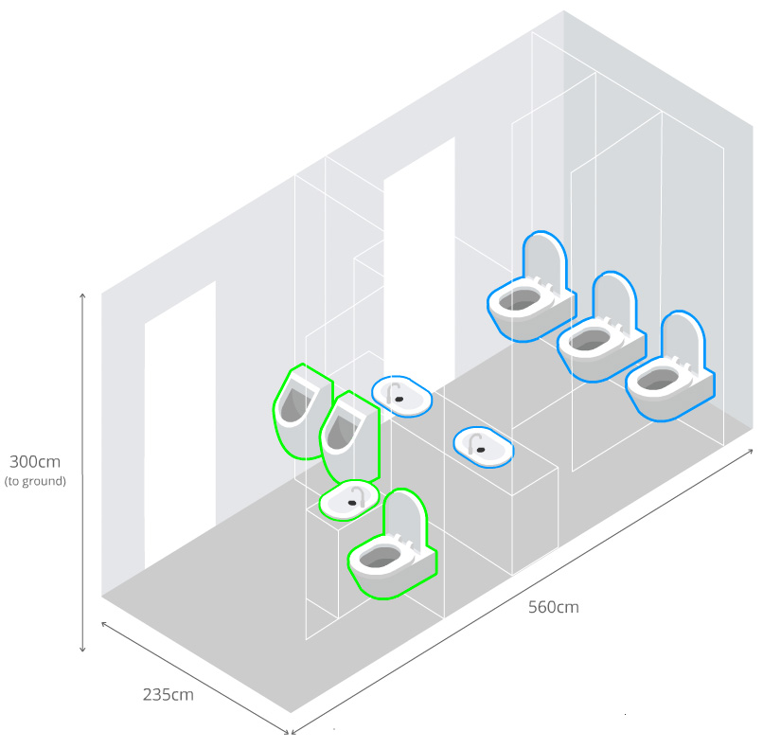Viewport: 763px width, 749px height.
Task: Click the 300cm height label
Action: pyautogui.click(x=35, y=461)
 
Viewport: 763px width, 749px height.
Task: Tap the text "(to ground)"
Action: pyautogui.click(x=35, y=481)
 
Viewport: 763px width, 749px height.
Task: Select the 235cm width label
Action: pyautogui.click(x=168, y=694)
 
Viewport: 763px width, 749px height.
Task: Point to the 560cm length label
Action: pyautogui.click(x=554, y=607)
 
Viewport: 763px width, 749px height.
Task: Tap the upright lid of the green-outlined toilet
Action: pyautogui.click(x=404, y=516)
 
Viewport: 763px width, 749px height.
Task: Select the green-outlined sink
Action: pyautogui.click(x=349, y=499)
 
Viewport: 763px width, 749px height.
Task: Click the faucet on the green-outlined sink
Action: pyautogui.click(x=359, y=494)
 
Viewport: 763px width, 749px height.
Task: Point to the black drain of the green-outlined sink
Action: pyautogui.click(x=352, y=503)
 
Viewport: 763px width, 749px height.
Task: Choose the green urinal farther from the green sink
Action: pyautogui.click(x=302, y=411)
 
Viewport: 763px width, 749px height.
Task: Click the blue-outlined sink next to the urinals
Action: pyautogui.click(x=401, y=396)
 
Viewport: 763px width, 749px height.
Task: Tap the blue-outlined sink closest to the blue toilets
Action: pyautogui.click(x=483, y=447)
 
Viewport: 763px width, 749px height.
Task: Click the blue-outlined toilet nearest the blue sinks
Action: pyautogui.click(x=531, y=289)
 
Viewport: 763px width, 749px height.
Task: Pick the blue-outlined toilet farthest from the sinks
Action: pyautogui.click(x=670, y=368)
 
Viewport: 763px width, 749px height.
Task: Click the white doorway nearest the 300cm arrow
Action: pyautogui.click(x=180, y=423)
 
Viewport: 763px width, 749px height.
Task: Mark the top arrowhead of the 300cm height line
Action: pyautogui.click(x=82, y=295)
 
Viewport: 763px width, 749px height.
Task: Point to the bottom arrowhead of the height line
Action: pyautogui.click(x=82, y=649)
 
